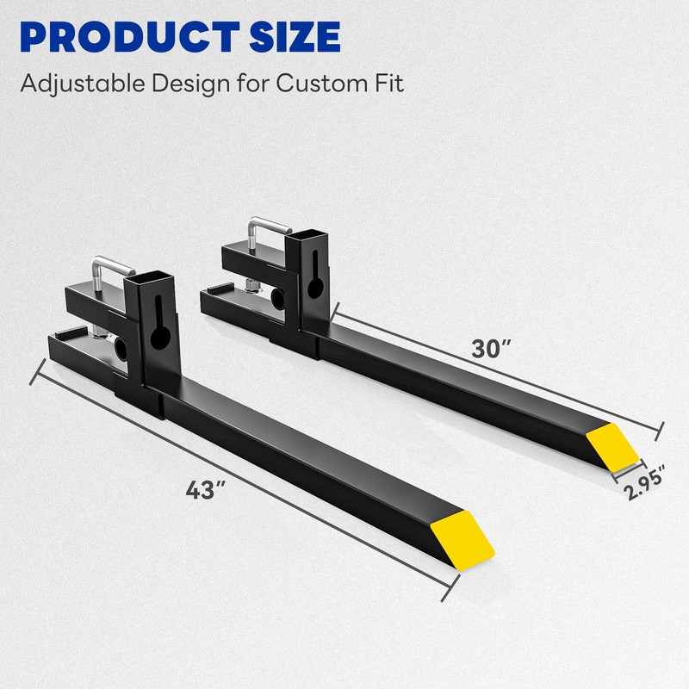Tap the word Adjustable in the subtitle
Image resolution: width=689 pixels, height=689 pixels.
pos(83,84)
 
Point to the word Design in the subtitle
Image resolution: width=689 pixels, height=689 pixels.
pos(191,84)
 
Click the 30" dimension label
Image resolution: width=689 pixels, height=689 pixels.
pos(491,350)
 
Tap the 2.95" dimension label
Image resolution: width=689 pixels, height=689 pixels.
pos(644,482)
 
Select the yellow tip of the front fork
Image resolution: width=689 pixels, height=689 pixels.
pos(462,540)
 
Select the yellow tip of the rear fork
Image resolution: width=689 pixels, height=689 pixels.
pos(613,446)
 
